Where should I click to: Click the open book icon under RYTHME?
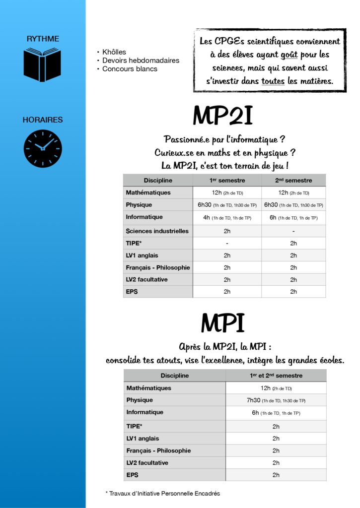coord(42,64)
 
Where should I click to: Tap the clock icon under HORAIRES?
coord(43,149)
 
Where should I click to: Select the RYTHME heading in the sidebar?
coord(43,38)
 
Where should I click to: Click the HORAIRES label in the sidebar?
coord(43,120)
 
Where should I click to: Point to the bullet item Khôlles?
coord(114,52)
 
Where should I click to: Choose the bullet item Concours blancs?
coord(130,69)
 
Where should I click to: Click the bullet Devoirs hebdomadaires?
coord(141,61)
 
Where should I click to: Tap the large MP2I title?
coord(222,117)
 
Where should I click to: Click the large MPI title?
coord(222,324)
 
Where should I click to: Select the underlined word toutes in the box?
coord(273,81)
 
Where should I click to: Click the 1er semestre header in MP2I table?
coord(227,180)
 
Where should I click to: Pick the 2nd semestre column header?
coord(293,180)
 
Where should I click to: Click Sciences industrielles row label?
coord(157,231)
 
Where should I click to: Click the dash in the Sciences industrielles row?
coord(293,231)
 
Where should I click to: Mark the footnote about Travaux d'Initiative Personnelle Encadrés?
coord(163,494)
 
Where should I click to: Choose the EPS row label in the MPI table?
coord(132,475)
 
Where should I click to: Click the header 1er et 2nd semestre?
coord(276,376)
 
